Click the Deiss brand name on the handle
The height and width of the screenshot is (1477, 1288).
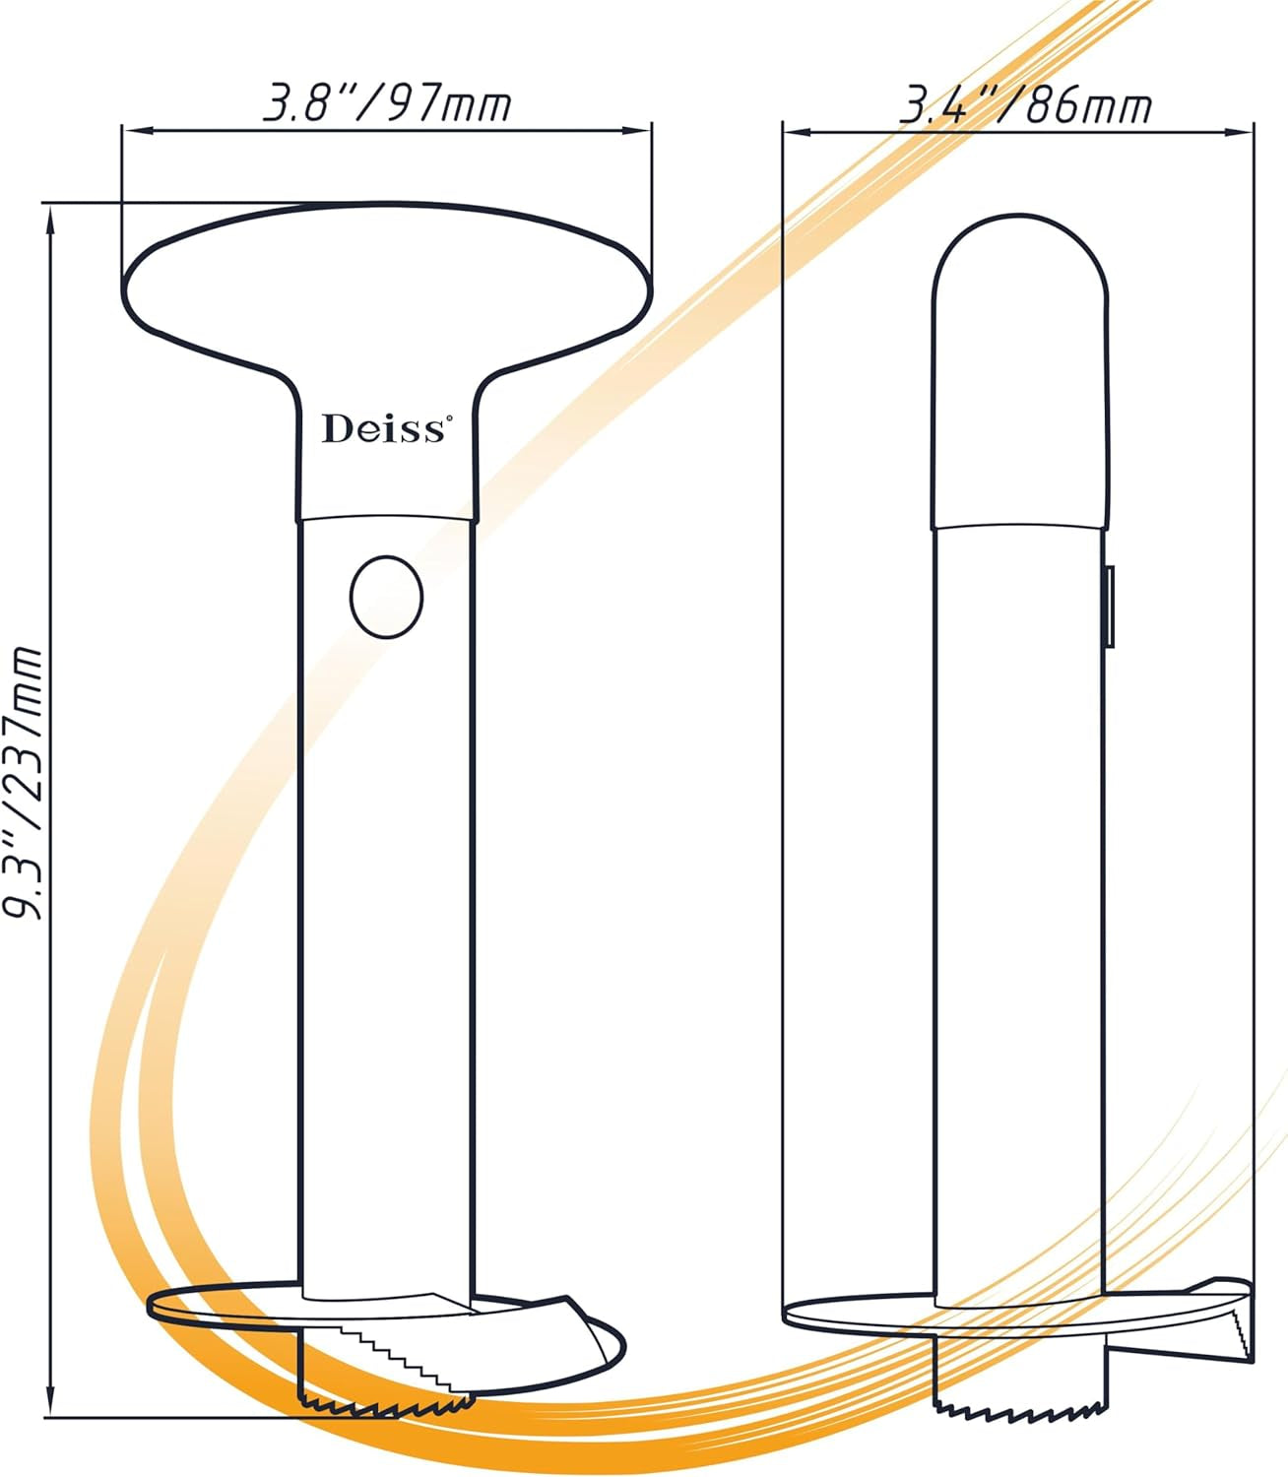[x=383, y=428]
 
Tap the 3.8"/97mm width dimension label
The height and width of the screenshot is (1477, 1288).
[x=387, y=105]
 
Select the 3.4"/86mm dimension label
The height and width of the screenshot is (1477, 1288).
[x=1026, y=106]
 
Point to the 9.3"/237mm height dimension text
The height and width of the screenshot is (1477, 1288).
[x=25, y=783]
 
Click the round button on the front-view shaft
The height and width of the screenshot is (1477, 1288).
[x=386, y=597]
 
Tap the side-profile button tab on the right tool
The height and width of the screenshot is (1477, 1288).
[x=1111, y=606]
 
